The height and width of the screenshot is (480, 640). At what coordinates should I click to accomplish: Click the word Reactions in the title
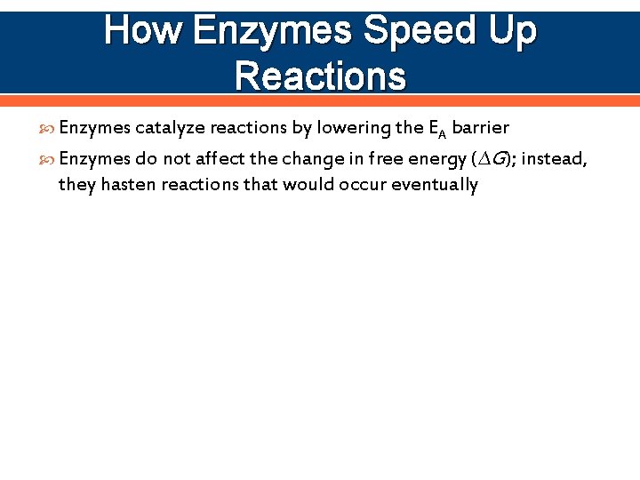[321, 76]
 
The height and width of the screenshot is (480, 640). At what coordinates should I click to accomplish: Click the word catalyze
[171, 128]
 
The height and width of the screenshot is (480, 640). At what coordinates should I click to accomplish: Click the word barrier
[481, 128]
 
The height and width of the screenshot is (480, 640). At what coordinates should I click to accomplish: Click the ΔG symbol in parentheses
[491, 159]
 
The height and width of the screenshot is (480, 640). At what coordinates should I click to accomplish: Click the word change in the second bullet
[323, 159]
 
